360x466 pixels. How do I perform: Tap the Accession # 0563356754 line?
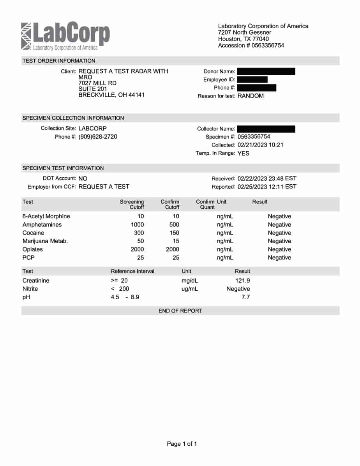coord(251,46)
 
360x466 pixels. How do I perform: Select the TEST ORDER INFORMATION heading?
coord(59,61)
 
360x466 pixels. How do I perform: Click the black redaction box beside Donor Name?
coord(266,71)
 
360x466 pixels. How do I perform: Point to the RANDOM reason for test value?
coord(251,96)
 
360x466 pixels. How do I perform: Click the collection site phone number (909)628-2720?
coord(98,137)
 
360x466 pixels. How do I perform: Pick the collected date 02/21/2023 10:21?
coord(260,145)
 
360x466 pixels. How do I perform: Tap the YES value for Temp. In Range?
coord(244,154)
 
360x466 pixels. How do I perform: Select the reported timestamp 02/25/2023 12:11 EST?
coord(267,187)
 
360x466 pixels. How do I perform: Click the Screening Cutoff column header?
coord(132,204)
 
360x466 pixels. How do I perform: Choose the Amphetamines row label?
coord(42,225)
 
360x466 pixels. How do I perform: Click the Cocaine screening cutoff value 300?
coord(139,233)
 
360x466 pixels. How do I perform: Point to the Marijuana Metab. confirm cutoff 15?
coord(176,241)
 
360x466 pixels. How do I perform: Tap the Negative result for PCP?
coord(279,258)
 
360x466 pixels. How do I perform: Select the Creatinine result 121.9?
coord(243,281)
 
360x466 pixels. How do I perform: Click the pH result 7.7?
coord(245,297)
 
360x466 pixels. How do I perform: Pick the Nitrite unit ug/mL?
coord(190,289)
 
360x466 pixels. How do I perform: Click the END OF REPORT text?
coord(180,311)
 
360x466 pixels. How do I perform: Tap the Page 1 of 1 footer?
coord(182,444)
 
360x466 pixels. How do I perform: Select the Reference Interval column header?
coord(132,271)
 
